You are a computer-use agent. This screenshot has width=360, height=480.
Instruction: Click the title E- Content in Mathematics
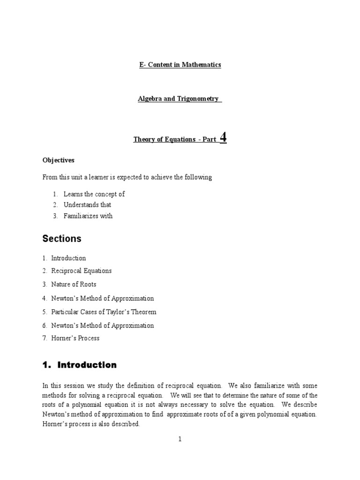[180, 65]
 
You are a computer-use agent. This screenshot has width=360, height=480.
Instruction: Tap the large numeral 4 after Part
[223, 137]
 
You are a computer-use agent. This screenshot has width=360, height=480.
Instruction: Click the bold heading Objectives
[59, 160]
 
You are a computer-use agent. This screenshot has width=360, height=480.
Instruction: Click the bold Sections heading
[62, 239]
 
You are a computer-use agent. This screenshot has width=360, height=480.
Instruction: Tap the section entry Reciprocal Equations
[81, 271]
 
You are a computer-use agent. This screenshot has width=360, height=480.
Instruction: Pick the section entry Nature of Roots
[74, 285]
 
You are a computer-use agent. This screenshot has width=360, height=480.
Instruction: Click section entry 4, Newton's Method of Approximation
[102, 298]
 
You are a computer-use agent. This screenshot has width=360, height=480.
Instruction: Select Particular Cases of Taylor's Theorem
[104, 312]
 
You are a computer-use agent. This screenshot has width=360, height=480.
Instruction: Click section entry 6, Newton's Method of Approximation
[102, 325]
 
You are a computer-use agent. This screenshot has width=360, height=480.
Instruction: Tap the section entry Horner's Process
[75, 338]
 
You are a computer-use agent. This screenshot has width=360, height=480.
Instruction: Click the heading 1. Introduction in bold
[80, 365]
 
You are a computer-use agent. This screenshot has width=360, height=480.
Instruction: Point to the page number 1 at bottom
[180, 439]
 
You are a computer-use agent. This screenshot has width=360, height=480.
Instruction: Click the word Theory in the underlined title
[144, 139]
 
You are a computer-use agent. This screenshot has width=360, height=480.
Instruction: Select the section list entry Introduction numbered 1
[68, 258]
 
